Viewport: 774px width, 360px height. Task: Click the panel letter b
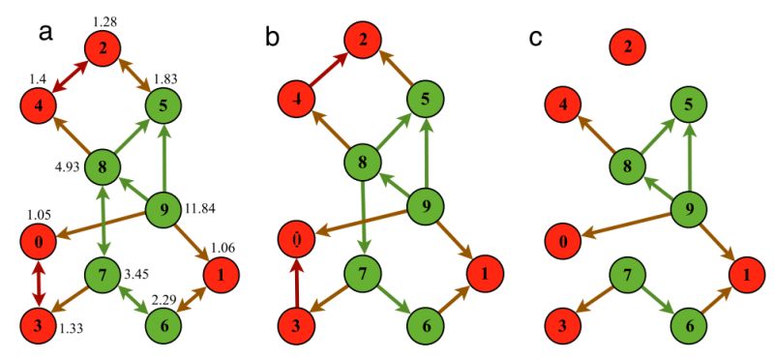274,37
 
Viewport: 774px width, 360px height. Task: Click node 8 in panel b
363,161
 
